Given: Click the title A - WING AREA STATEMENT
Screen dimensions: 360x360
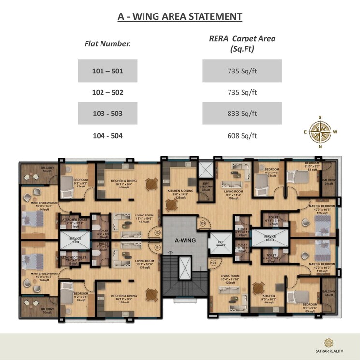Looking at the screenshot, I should (x=180, y=17).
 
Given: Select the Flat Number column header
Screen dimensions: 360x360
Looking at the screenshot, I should (x=107, y=44).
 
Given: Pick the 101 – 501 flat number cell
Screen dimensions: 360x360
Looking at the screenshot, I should (x=108, y=71).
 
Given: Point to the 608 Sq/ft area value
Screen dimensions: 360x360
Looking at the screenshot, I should (x=242, y=136).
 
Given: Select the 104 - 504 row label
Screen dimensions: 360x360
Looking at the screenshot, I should (x=108, y=136).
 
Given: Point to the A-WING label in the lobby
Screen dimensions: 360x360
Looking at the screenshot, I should (x=181, y=239).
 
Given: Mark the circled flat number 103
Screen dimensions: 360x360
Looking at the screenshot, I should (x=203, y=224).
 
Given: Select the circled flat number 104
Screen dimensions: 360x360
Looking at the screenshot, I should (x=213, y=263).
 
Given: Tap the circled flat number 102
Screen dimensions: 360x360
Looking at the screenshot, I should (x=157, y=232).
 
